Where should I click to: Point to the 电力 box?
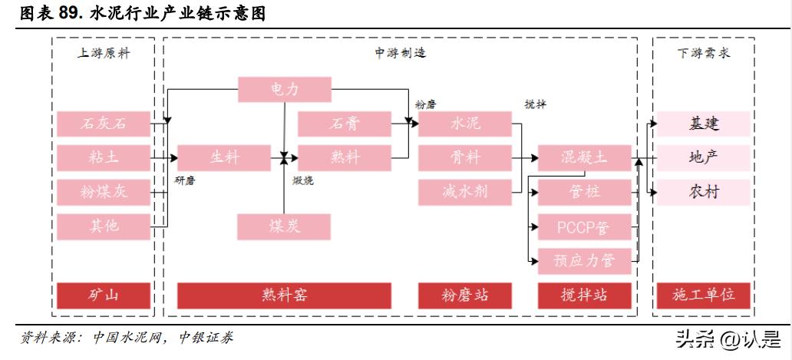coord(284,89)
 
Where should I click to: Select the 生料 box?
coord(224,157)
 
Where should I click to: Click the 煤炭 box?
coord(284,226)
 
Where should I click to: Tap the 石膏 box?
coord(345,124)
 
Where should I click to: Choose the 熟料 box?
coord(345,157)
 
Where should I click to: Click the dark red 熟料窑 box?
coord(284,295)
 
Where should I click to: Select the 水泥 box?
coord(465,124)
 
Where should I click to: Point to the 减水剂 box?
coord(465,191)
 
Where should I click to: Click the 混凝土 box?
coord(584,157)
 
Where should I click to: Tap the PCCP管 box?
coord(584,226)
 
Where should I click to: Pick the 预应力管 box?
coord(584,260)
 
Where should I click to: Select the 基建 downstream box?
coord(704,124)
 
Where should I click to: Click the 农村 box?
coord(704,191)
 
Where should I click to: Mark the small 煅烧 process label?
coord(302,181)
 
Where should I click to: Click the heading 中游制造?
coord(400,53)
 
